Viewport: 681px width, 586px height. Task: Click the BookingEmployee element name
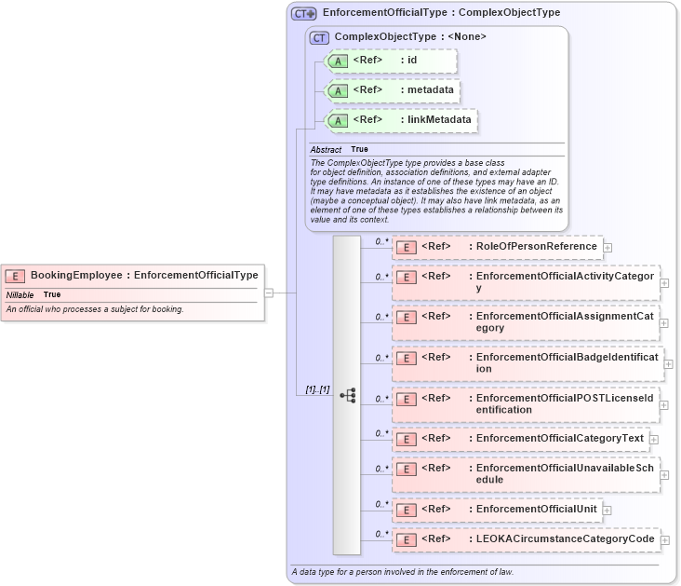78,275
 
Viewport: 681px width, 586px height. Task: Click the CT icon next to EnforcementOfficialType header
304,14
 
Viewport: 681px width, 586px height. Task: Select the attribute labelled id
412,61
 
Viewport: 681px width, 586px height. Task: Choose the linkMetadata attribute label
439,120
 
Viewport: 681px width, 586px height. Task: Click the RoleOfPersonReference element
537,247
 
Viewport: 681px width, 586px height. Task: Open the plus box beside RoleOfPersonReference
608,248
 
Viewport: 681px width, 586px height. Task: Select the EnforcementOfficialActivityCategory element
565,282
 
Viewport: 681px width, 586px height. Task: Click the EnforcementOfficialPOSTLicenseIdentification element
565,403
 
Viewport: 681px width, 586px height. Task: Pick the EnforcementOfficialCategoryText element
560,439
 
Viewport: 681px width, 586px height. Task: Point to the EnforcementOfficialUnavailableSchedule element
565,473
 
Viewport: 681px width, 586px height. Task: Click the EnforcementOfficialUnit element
537,510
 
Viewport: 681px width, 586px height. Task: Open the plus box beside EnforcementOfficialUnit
608,510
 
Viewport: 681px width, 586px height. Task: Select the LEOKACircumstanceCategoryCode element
565,538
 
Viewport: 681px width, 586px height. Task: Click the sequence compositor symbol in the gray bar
347,395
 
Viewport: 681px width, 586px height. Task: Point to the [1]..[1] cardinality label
318,388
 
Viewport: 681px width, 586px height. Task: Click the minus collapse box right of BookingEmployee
269,293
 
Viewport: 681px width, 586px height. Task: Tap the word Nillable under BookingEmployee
20,294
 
